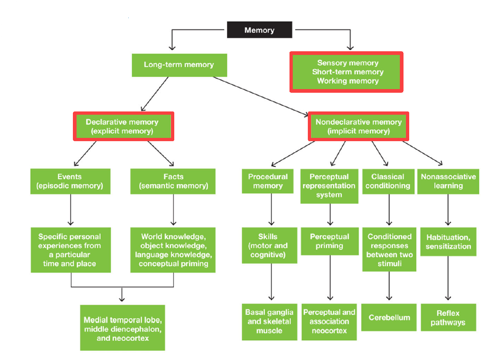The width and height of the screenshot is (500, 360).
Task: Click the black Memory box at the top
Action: click(x=259, y=30)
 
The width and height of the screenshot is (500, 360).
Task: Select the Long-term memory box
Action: click(x=179, y=65)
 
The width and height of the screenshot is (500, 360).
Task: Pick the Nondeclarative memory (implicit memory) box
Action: click(x=358, y=127)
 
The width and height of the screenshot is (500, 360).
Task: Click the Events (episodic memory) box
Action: click(x=70, y=181)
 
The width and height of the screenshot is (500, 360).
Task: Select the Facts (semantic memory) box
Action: click(x=173, y=181)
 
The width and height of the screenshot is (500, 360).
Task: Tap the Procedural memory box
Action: click(x=268, y=181)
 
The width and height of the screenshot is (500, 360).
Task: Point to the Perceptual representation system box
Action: click(x=329, y=186)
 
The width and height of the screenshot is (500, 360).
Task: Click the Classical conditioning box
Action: click(x=388, y=181)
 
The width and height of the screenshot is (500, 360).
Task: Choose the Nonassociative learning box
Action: click(x=448, y=181)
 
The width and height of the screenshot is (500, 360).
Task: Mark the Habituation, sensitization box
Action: click(x=448, y=242)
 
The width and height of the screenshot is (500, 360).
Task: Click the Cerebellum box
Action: click(x=389, y=318)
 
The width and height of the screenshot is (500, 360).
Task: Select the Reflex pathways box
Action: click(x=448, y=318)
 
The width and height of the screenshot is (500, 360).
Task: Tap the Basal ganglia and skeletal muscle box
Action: click(x=269, y=322)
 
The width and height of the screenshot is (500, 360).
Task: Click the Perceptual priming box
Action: click(x=329, y=241)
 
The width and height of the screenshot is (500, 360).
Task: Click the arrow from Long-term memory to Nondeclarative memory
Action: click(x=261, y=96)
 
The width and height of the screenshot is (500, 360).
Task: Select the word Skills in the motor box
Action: click(x=268, y=236)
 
